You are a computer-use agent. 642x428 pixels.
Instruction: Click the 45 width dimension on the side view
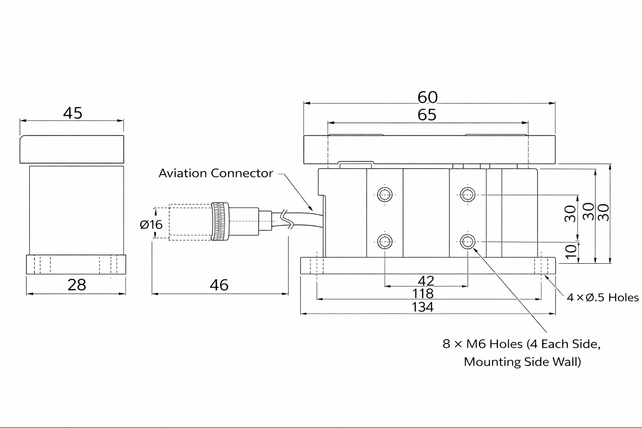tap(73, 113)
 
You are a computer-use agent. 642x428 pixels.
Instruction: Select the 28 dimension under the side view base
tap(76, 285)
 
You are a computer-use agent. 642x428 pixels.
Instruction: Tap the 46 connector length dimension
tap(219, 285)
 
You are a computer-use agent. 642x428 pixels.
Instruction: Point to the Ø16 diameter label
tap(151, 224)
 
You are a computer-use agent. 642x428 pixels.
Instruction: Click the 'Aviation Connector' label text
tap(216, 173)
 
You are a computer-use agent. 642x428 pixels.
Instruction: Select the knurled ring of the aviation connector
tap(220, 222)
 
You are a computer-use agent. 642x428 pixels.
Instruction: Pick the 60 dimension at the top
tap(427, 97)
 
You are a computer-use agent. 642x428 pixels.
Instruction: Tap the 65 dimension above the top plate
tap(427, 115)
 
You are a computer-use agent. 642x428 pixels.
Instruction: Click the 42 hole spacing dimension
tap(425, 280)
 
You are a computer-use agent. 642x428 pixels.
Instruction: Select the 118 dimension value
tap(423, 293)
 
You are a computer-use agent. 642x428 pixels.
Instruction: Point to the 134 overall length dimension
tap(423, 307)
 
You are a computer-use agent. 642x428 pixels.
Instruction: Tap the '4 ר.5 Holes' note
tap(602, 298)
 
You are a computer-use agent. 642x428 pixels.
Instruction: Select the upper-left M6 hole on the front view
tap(385, 194)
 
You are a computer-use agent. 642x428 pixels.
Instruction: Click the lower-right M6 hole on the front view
tap(468, 241)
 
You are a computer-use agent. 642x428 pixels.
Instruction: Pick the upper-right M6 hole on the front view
tap(468, 194)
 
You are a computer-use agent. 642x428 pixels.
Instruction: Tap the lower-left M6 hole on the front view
tap(385, 241)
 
